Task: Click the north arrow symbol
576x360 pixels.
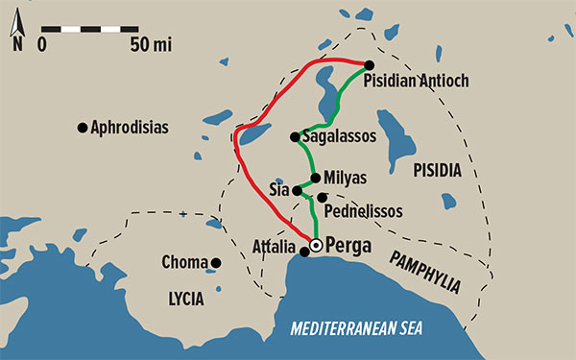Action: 16,29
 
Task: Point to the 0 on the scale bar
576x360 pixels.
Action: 43,44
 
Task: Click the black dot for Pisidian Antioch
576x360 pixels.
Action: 369,65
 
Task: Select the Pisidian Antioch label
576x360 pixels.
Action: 416,82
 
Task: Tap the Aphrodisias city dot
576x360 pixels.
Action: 83,126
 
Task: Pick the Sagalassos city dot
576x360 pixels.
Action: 295,136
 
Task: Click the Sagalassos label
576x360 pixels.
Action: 339,136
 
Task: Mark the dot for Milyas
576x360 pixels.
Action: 315,178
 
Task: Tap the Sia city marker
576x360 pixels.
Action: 296,190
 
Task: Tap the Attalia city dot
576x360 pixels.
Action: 305,252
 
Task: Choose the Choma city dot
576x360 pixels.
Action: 216,262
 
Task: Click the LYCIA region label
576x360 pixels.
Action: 184,299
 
